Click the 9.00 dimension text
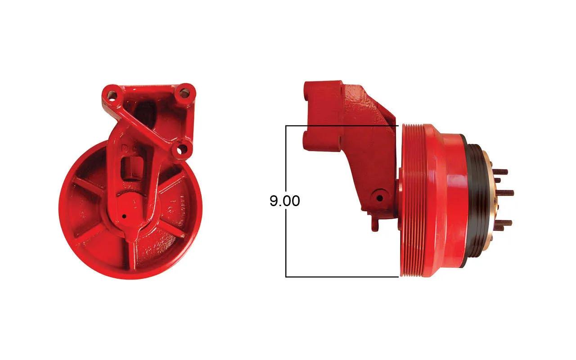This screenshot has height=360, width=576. [285, 201]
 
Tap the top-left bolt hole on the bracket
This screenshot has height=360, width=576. [112, 96]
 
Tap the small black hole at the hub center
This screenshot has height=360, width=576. [125, 216]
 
